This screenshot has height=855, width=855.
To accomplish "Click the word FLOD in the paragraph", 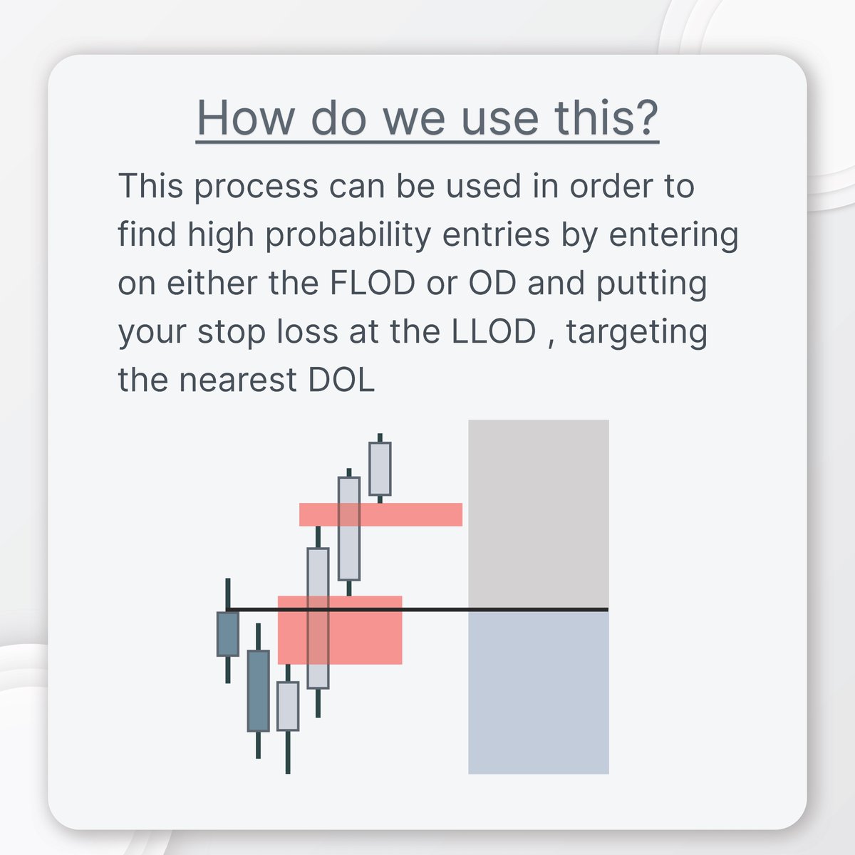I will (373, 284).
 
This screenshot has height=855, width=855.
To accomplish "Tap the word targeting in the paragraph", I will (636, 332).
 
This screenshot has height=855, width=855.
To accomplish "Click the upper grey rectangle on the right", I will (538, 513).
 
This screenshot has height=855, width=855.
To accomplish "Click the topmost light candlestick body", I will (380, 468).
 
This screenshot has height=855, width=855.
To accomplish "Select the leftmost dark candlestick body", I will (227, 633).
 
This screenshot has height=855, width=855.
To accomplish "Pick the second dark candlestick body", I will (258, 690).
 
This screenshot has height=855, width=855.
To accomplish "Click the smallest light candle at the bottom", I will (288, 705).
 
